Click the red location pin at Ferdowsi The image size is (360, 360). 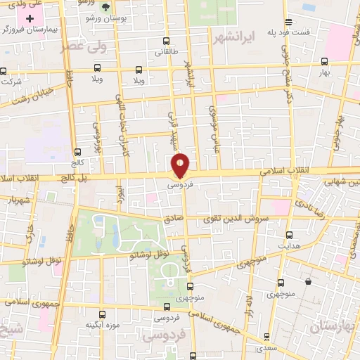181,165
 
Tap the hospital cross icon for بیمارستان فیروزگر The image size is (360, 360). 30,18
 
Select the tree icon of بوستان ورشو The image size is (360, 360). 105,7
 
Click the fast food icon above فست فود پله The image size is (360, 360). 288,22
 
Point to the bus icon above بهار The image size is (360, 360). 324,61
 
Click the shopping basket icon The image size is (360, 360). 308,282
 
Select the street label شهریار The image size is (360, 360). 19,200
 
